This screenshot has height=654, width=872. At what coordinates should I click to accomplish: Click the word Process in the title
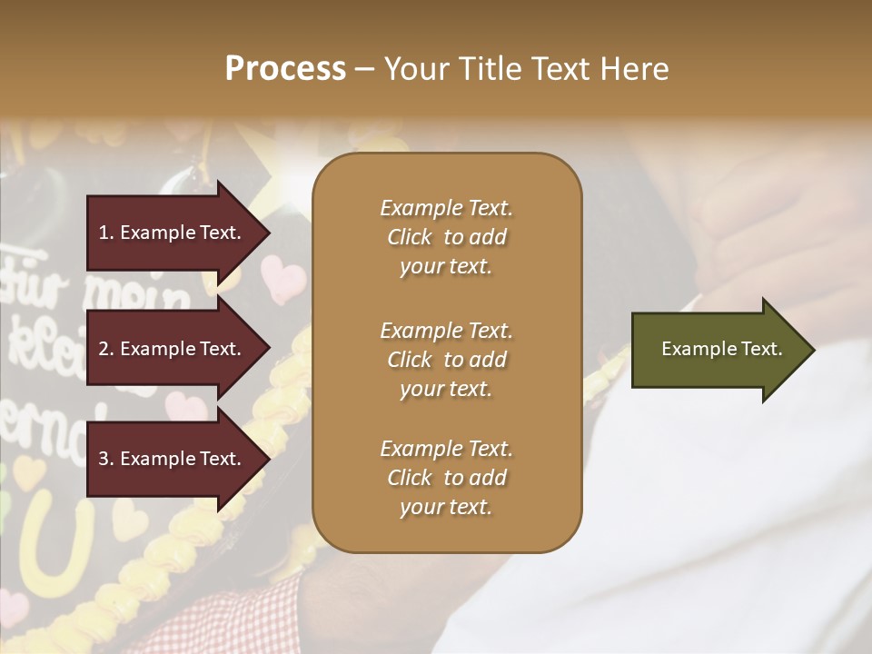point(285,69)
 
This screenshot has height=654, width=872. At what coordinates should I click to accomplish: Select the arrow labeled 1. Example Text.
point(173,233)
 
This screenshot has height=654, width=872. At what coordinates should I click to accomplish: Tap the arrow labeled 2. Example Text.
point(173,349)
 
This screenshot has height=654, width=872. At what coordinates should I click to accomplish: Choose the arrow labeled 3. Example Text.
point(173,459)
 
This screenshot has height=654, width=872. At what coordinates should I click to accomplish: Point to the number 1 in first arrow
point(104,233)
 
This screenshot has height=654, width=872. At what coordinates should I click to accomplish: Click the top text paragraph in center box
point(446,237)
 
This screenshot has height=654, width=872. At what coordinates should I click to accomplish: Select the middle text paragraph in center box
point(446,359)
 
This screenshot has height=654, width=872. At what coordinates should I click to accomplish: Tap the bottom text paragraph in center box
point(446,478)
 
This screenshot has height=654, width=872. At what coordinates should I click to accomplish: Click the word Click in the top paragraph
point(410,237)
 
